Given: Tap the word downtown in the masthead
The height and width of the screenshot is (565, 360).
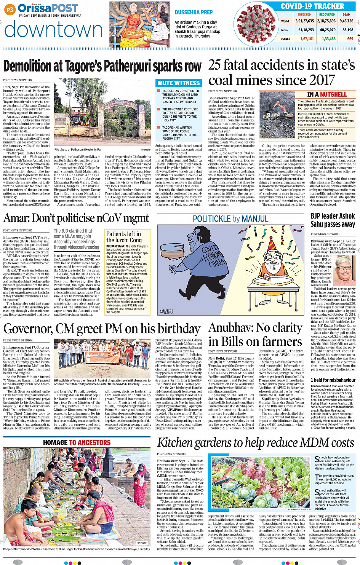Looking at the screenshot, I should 53,30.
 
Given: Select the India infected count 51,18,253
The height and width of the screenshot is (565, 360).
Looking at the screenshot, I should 306,30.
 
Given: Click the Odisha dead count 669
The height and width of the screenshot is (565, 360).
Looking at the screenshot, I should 350,39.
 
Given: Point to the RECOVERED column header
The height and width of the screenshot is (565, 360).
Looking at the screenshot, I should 327,14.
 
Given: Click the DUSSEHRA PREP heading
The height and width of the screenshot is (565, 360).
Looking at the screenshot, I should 194,13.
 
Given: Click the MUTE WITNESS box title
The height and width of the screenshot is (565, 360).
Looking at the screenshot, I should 178,83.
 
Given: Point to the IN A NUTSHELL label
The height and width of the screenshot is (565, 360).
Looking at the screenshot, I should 327,94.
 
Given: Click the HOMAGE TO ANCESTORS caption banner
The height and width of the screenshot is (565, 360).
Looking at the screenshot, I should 77,442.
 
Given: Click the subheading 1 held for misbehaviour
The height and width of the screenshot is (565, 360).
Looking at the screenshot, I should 333,380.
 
